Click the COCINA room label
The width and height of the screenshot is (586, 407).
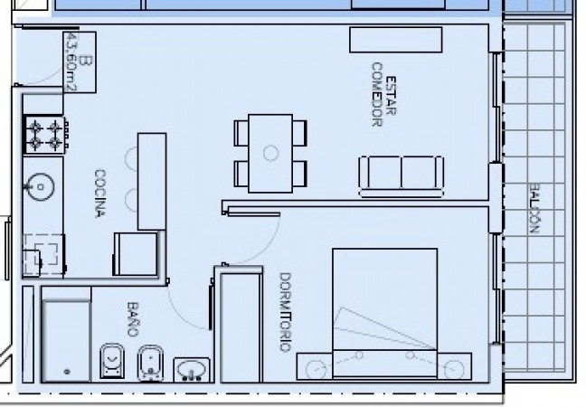point(100,194)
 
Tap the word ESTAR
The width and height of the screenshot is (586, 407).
point(391,96)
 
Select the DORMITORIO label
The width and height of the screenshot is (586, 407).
point(286,312)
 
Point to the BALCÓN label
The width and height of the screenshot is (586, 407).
point(534,208)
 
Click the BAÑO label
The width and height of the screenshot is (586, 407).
point(133,319)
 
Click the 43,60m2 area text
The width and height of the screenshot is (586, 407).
point(71,62)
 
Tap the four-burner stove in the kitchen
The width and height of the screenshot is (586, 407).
point(45,135)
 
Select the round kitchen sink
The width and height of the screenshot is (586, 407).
point(40,187)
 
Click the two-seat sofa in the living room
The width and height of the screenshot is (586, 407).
point(401,176)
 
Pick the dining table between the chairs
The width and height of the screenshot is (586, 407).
point(270,154)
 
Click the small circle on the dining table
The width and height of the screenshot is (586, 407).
point(270,153)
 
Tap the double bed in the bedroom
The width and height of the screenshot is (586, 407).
point(385,313)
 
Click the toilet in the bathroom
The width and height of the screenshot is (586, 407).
point(112,361)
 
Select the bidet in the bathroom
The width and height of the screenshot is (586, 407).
point(151,364)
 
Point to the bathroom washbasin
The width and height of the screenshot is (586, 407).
point(192,370)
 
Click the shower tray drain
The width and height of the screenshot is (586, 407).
point(67,372)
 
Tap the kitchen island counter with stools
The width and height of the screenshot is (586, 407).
point(152,181)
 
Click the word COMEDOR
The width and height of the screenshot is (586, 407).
point(377,95)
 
